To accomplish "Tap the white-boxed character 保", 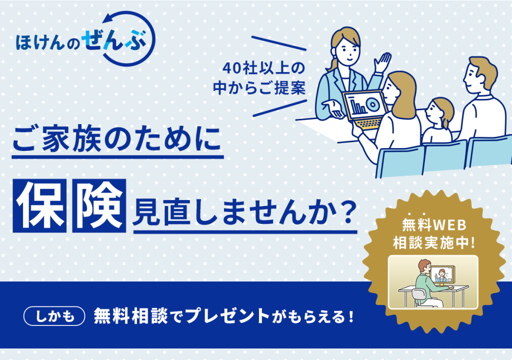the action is [39, 206].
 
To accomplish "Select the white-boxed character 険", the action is [99, 206].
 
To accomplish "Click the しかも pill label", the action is [54, 316].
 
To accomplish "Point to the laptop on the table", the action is [365, 110].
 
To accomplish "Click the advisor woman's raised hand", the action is [382, 62].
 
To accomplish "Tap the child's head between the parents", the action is [439, 112].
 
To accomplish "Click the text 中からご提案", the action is [259, 87].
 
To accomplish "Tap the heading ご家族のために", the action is [117, 140].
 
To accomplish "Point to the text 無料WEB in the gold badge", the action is [434, 225].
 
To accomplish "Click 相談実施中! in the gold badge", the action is [434, 242].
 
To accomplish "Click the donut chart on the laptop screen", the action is [372, 103].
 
